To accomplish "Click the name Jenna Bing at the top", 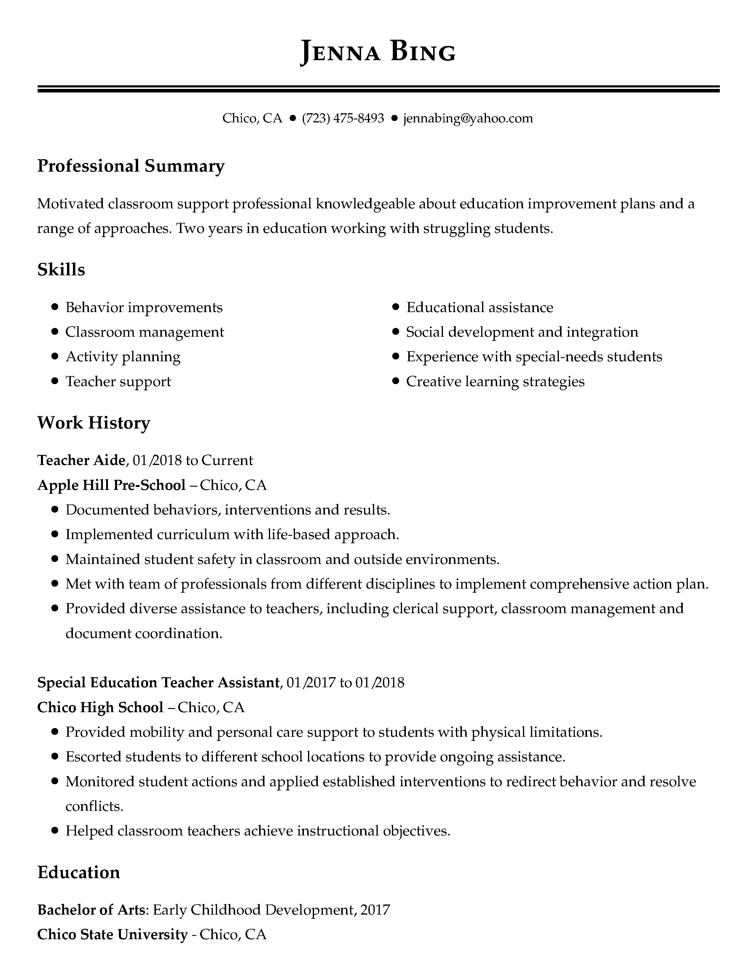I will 377,52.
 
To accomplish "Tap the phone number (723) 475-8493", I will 343,118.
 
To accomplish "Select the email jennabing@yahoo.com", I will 468,118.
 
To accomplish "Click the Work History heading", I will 94,423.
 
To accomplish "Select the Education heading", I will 79,872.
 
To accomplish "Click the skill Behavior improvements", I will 144,307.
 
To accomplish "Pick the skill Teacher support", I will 118,381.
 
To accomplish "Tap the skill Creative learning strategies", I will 495,381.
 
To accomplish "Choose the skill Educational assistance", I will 480,307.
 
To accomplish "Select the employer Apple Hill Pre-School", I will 111,485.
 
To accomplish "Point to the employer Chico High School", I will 100,707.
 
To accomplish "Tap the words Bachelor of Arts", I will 91,910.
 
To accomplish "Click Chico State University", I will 112,934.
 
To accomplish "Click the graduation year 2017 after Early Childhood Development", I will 375,910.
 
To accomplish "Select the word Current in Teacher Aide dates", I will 227,460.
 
